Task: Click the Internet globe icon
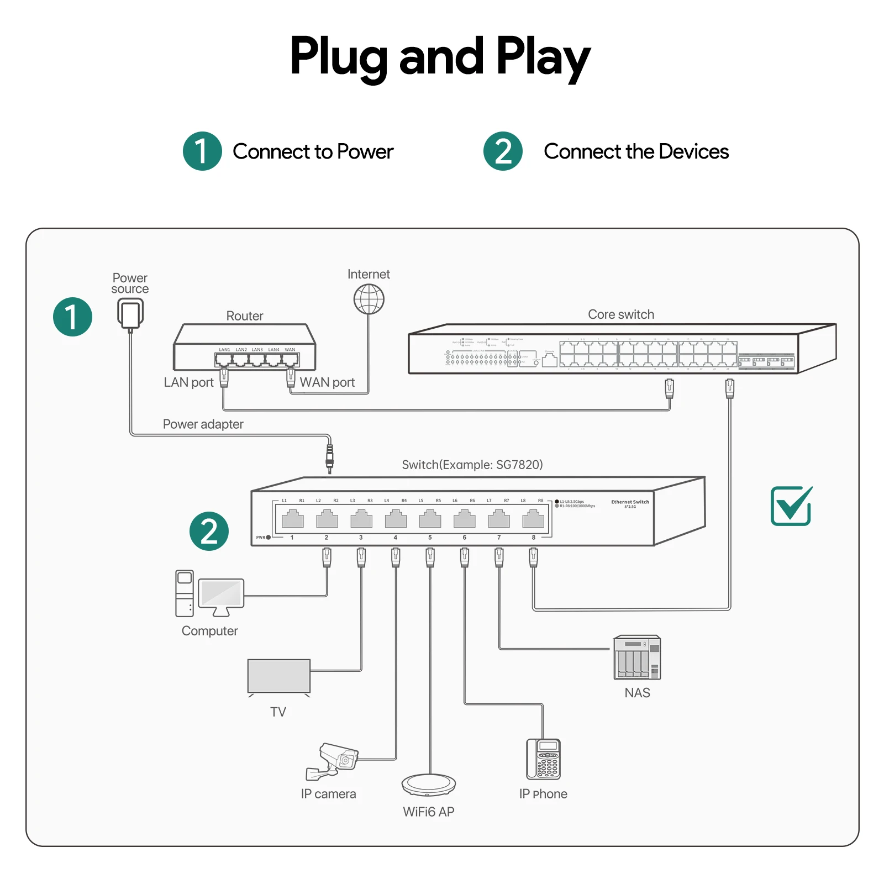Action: (x=369, y=299)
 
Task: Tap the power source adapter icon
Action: (x=130, y=313)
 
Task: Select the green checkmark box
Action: (x=791, y=506)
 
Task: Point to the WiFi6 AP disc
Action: (x=429, y=784)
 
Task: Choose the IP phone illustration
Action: (x=543, y=759)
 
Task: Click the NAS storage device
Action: (x=637, y=657)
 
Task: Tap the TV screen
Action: (x=279, y=676)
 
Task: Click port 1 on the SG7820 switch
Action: (x=292, y=519)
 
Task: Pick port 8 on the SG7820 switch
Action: (x=533, y=519)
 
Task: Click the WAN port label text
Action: (x=327, y=382)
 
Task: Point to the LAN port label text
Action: (x=188, y=382)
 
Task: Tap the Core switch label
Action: (x=621, y=314)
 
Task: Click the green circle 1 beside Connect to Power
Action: (x=202, y=151)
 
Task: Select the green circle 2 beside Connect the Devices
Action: (x=503, y=151)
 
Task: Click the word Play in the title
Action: (x=543, y=57)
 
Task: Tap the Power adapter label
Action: (x=203, y=424)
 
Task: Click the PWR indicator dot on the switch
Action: (x=269, y=537)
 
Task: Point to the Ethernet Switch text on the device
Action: (x=630, y=502)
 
